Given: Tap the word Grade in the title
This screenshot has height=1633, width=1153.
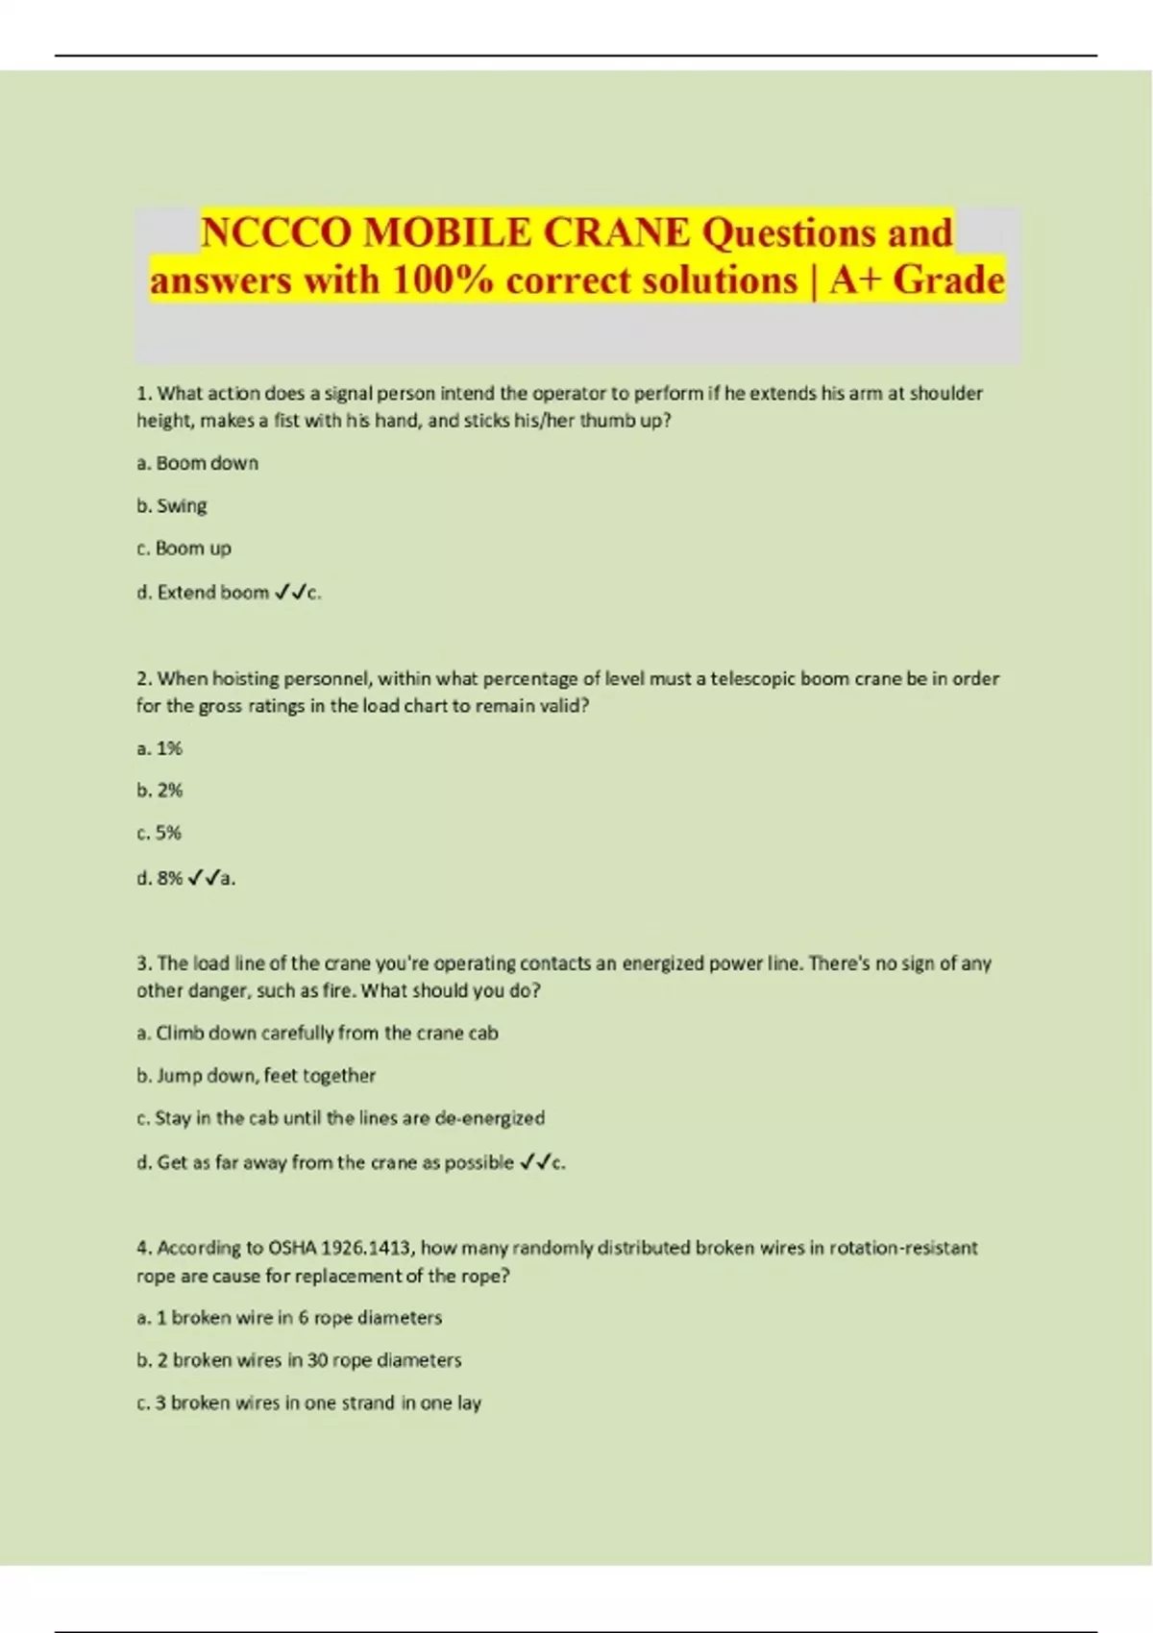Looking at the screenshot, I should pyautogui.click(x=948, y=280).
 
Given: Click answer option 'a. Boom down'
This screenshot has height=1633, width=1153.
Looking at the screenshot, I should pyautogui.click(x=198, y=463).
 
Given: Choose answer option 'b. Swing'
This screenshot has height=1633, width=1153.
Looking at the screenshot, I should pyautogui.click(x=172, y=505).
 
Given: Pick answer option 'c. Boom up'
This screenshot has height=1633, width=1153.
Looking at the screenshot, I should pyautogui.click(x=184, y=548).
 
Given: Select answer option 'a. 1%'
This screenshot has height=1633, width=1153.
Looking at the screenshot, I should pyautogui.click(x=159, y=748).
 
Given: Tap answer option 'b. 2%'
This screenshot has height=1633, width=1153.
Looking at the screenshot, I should pyautogui.click(x=159, y=791).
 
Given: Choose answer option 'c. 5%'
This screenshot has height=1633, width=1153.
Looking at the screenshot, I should pyautogui.click(x=159, y=833).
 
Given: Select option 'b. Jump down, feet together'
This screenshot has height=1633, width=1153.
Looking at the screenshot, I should pyautogui.click(x=256, y=1076).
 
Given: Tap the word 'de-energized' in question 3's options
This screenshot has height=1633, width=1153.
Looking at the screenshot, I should pyautogui.click(x=490, y=1118).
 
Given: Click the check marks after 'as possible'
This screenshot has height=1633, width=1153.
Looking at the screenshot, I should pyautogui.click(x=535, y=1162).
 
